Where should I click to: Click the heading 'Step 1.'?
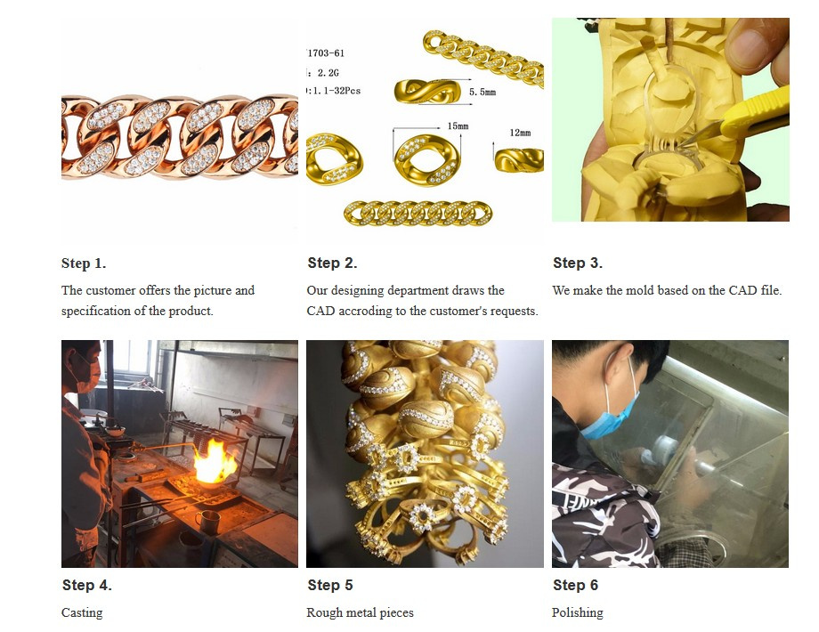tap(84, 263)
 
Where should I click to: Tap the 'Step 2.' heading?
tap(332, 263)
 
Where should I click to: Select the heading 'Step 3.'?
tap(578, 263)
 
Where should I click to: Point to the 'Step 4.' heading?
tap(86, 585)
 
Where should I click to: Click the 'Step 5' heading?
tap(330, 585)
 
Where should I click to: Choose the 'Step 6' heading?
tap(576, 585)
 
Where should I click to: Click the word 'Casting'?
tap(82, 612)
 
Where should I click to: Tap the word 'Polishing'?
tap(577, 612)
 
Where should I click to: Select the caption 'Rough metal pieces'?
tap(360, 612)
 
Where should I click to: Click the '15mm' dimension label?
tap(458, 126)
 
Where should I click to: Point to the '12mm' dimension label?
tap(520, 133)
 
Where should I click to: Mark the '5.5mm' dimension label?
tap(482, 92)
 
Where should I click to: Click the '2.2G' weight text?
tap(328, 73)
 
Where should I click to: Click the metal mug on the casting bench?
tap(208, 523)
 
